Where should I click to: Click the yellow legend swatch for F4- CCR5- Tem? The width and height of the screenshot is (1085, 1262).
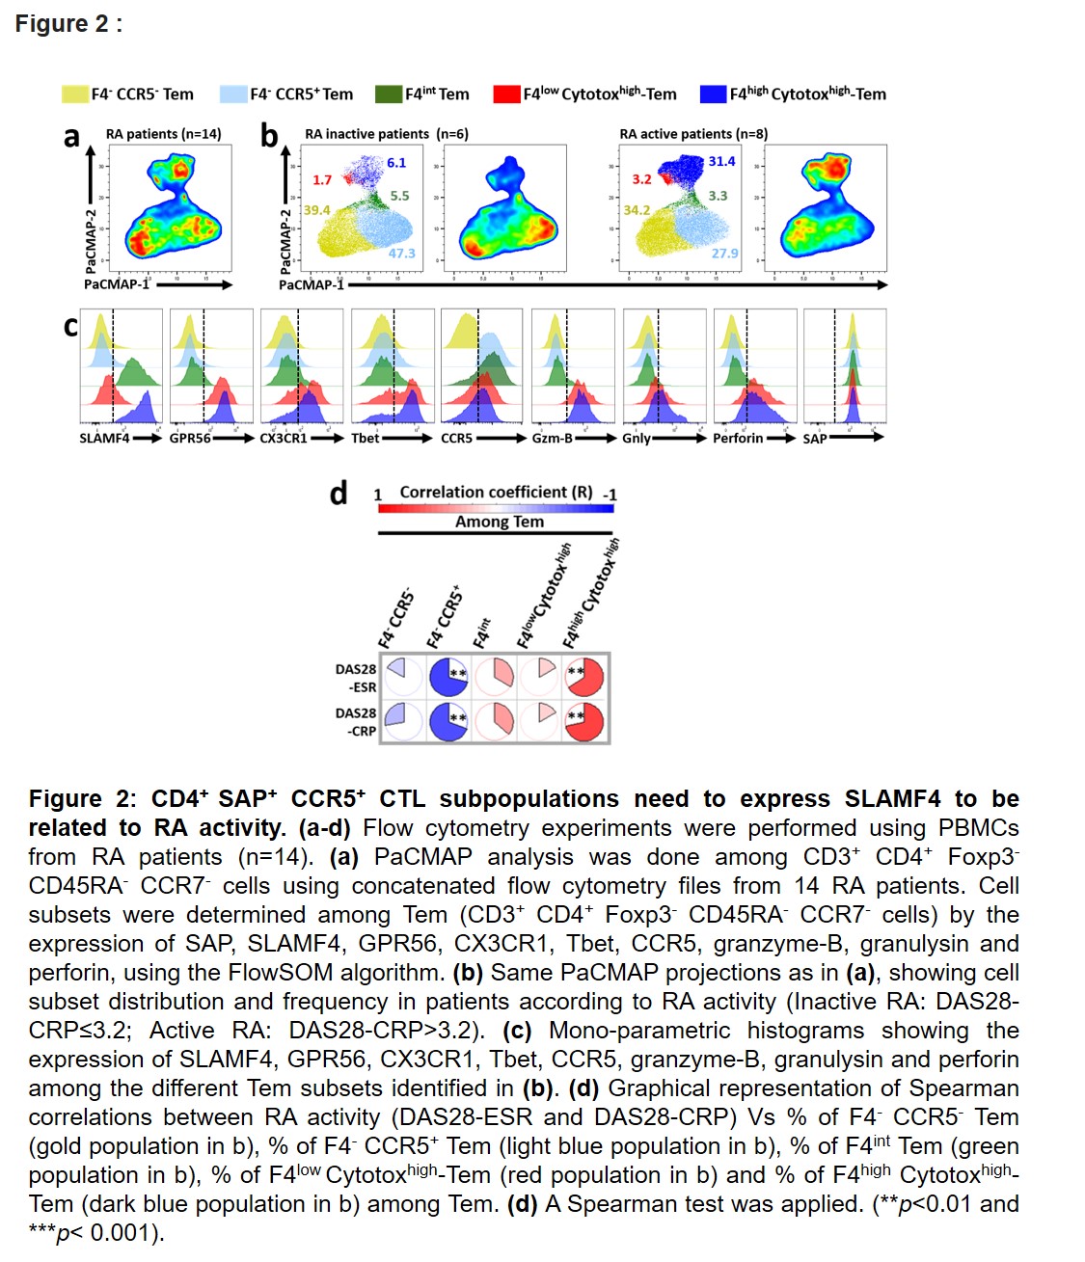coord(75,94)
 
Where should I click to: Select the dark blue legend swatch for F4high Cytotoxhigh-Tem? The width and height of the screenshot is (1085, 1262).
coord(713,94)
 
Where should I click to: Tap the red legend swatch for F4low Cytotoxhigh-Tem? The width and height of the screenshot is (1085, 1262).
coord(506,94)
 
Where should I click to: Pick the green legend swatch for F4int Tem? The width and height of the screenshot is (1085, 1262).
coord(388,94)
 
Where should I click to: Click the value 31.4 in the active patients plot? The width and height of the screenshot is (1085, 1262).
coord(721,161)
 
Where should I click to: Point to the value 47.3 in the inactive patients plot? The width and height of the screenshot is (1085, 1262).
coord(401,253)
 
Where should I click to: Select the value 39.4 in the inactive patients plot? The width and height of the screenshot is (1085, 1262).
coord(316,209)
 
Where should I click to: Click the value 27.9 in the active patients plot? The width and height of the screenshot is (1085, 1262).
coord(724,253)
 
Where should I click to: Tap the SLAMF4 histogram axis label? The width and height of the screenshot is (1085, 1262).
coord(104,438)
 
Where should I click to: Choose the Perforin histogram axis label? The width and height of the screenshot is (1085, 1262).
coord(738,438)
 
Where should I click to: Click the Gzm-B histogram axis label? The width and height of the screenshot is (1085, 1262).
coord(552,438)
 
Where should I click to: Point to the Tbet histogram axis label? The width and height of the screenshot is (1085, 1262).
coord(366,438)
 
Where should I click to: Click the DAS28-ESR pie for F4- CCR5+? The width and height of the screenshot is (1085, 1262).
coord(448,677)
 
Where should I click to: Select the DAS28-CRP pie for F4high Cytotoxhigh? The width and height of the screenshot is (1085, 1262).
coord(584,721)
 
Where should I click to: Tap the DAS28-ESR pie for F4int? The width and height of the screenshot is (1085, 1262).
coord(494,677)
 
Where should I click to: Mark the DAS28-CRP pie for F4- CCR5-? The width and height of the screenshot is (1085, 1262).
coord(402,721)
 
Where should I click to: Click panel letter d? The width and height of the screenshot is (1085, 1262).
coord(339,494)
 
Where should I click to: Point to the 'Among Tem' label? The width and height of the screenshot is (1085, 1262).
coord(500,522)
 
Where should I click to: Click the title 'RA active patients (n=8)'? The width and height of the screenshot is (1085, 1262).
coord(693,134)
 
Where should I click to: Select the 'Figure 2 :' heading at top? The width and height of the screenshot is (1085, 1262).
coord(68,24)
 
